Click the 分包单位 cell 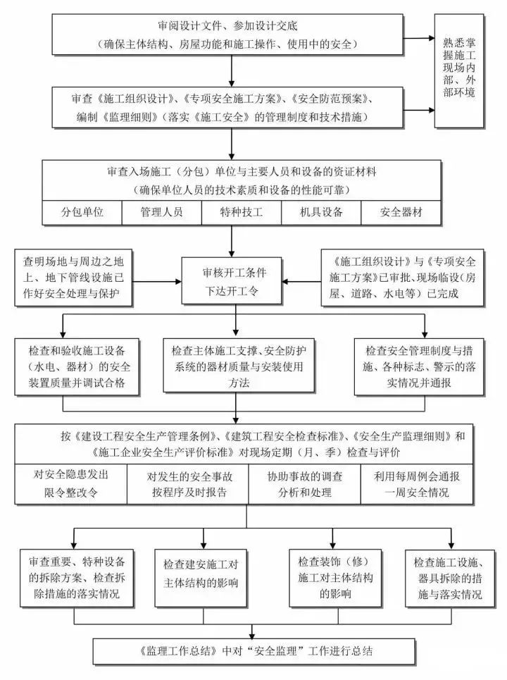point(82,212)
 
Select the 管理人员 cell point(161,212)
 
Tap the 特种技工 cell point(241,212)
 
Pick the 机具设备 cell point(320,212)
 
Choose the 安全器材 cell point(401,212)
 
